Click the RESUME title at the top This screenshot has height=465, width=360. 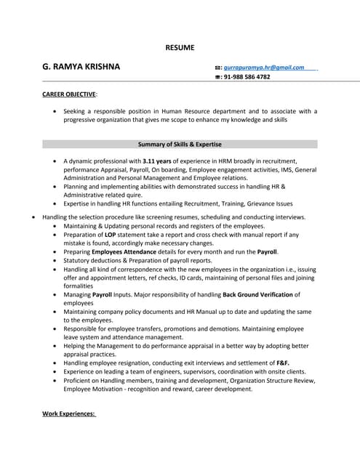(180, 47)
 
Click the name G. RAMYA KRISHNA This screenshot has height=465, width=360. (81, 67)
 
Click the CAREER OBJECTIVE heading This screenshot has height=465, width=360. (69, 94)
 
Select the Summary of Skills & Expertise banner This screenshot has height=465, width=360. (180, 144)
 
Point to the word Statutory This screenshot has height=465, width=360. (79, 260)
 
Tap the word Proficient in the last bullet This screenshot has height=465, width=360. (80, 379)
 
